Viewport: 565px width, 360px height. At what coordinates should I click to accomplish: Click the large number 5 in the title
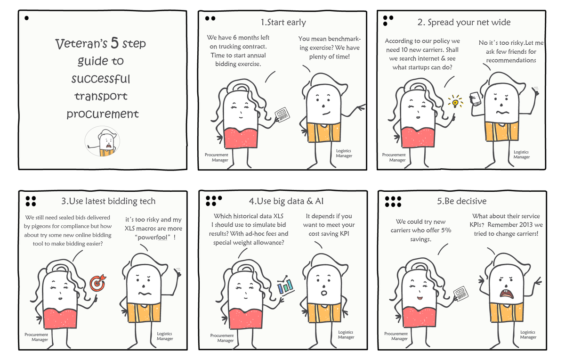[x=114, y=43]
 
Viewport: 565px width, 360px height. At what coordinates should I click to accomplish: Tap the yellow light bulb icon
[x=455, y=102]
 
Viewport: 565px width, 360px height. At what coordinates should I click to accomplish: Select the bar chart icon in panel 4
[x=286, y=285]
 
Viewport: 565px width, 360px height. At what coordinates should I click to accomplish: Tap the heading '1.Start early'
[x=283, y=22]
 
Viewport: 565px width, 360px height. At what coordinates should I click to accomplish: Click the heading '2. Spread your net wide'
[x=464, y=22]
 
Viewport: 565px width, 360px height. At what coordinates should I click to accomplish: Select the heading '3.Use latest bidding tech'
[x=108, y=201]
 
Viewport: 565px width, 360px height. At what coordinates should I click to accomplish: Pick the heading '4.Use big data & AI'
[x=286, y=201]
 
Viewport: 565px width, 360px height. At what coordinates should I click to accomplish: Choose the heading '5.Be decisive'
[x=461, y=201]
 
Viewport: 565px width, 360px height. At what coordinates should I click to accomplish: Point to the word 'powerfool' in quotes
[x=153, y=237]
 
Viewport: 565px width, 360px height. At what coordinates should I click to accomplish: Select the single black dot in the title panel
[x=26, y=18]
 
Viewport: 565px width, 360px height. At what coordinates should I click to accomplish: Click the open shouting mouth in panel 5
[x=506, y=294]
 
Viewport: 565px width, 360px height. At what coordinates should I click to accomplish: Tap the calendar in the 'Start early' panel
[x=282, y=115]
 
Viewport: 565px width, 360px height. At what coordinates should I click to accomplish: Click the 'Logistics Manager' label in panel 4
[x=346, y=335]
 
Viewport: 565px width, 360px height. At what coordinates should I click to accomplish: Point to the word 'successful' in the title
[x=101, y=79]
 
